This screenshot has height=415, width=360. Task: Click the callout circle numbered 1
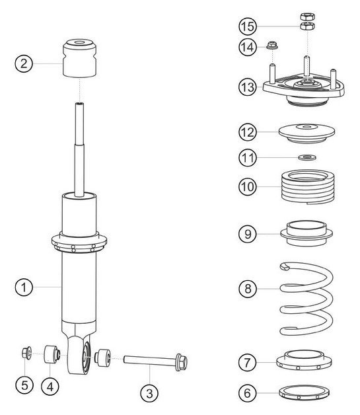pyautogui.click(x=24, y=287)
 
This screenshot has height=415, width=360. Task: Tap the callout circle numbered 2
pyautogui.click(x=24, y=63)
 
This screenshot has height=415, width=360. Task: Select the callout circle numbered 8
pyautogui.click(x=248, y=289)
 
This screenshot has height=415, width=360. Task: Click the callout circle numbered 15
pyautogui.click(x=248, y=26)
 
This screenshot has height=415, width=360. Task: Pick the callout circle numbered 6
pyautogui.click(x=248, y=393)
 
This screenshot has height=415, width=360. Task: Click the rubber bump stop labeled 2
pyautogui.click(x=79, y=58)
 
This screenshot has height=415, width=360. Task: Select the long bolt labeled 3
pyautogui.click(x=149, y=360)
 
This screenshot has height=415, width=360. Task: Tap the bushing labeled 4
pyautogui.click(x=51, y=355)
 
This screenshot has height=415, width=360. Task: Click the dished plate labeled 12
pyautogui.click(x=305, y=132)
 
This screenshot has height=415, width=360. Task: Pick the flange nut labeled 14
pyautogui.click(x=271, y=46)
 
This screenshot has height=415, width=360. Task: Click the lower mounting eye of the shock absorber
pyautogui.click(x=83, y=357)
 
